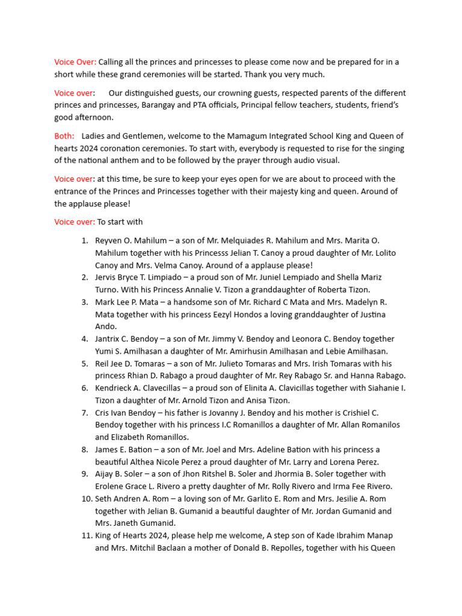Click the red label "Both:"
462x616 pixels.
click(x=64, y=136)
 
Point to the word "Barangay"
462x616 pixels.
click(x=161, y=105)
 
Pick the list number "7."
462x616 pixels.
click(x=85, y=413)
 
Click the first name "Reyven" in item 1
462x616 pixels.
click(x=109, y=241)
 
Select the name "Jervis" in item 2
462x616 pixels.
click(x=107, y=277)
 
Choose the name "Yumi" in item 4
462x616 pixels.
click(x=106, y=351)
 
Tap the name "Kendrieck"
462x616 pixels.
click(x=116, y=388)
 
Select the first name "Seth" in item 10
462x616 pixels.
click(x=104, y=499)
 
